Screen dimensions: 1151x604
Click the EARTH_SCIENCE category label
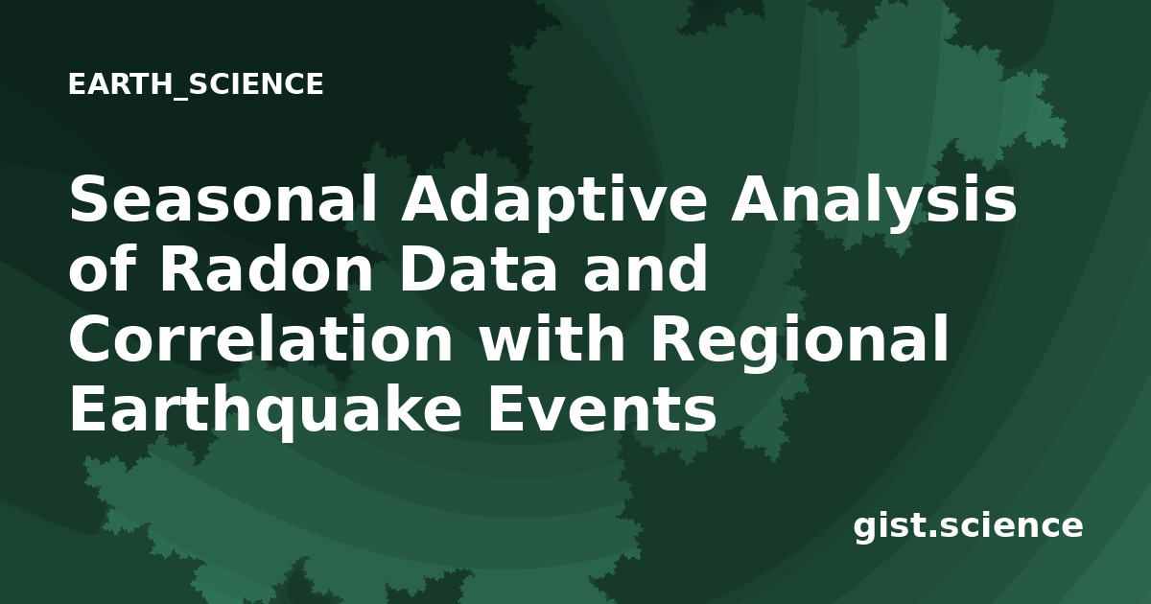pyautogui.click(x=196, y=84)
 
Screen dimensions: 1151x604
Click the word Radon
pyautogui.click(x=267, y=268)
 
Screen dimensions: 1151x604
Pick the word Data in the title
pyautogui.click(x=478, y=268)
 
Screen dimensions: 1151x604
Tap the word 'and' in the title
pyautogui.click(x=645, y=268)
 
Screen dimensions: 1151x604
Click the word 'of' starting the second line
pyautogui.click(x=102, y=268)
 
